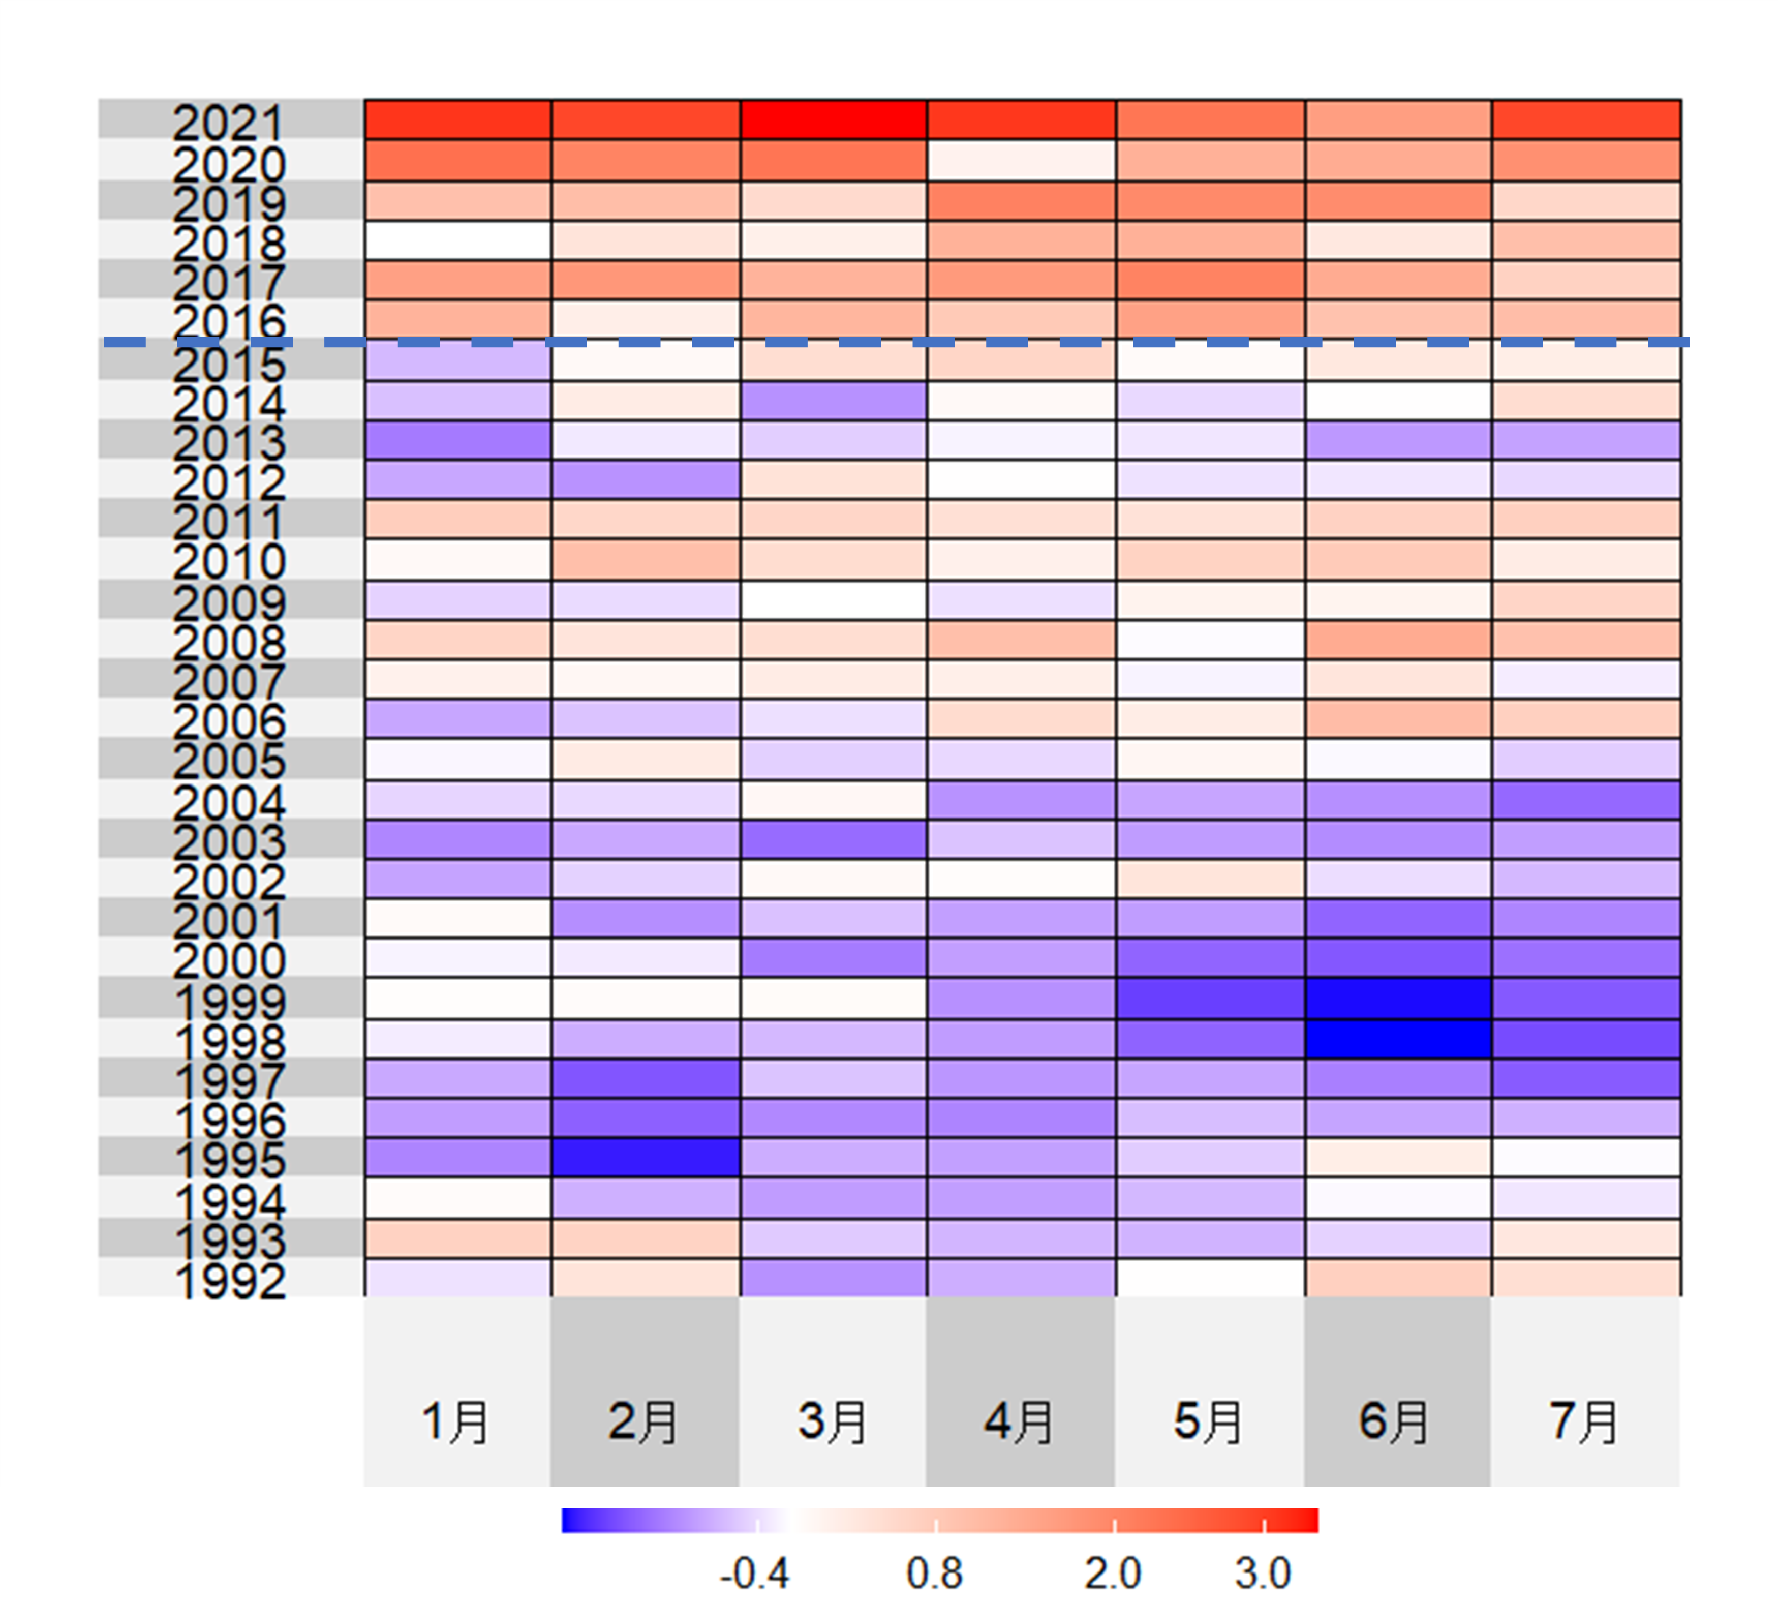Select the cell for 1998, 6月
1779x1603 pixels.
(x=1398, y=1039)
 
